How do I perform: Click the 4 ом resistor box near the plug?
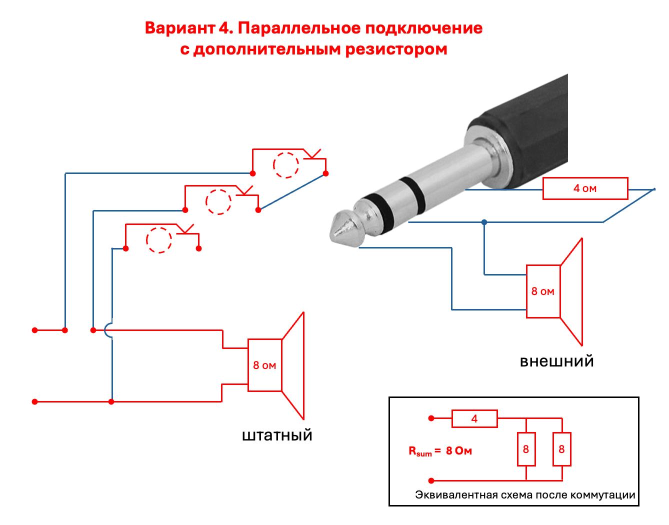[584, 188]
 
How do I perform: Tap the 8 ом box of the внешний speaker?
[543, 291]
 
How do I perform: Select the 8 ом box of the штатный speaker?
[264, 365]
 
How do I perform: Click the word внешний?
[556, 360]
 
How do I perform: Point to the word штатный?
[277, 434]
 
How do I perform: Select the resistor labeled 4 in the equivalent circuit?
[474, 418]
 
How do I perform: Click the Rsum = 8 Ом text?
[440, 451]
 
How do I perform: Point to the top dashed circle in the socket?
[286, 164]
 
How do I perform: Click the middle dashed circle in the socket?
[218, 201]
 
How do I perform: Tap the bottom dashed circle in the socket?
[159, 240]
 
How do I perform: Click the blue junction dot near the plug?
[484, 221]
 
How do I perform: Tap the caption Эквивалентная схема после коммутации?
[525, 495]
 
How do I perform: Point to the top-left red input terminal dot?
[34, 330]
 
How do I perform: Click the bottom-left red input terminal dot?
[34, 401]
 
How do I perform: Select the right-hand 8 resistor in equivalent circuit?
[561, 449]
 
